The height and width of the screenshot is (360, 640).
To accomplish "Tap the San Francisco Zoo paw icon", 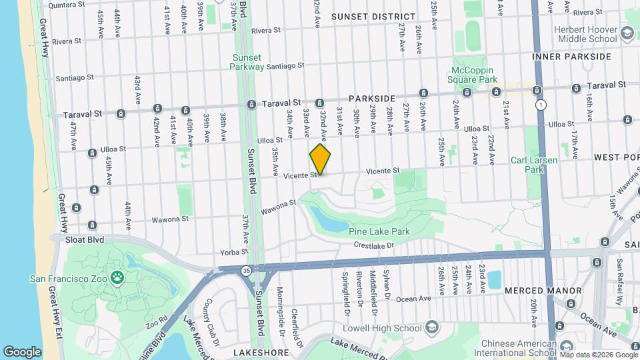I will click(118, 277).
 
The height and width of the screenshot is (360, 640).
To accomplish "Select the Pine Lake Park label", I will click(379, 231).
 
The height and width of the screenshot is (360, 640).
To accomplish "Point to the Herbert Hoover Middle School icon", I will click(626, 33).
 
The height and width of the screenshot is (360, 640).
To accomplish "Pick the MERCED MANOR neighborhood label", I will click(543, 291).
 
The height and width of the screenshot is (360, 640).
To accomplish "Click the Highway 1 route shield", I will click(540, 105).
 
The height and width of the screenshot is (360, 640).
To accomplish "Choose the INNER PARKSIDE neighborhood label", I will click(571, 57).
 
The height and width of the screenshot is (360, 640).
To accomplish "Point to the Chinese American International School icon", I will click(567, 347).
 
